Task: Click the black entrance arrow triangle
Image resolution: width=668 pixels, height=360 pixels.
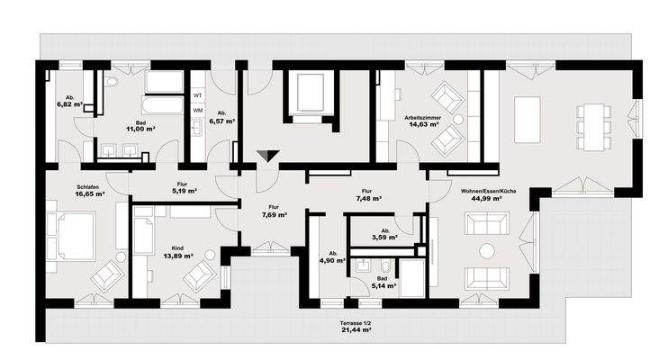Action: (x=268, y=155)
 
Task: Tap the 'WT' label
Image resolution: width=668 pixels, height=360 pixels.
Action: (x=198, y=95)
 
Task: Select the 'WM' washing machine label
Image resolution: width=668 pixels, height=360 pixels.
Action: (x=198, y=111)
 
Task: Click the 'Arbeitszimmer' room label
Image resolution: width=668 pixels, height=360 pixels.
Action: (x=422, y=118)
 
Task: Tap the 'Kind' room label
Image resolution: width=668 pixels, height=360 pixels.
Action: (x=177, y=248)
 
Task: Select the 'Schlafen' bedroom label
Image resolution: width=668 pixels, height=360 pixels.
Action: (x=87, y=187)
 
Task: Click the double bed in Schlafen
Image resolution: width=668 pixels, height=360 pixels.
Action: (x=70, y=236)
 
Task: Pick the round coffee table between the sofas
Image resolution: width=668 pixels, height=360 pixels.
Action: (x=487, y=251)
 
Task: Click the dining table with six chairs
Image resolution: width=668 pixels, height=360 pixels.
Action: (x=593, y=127)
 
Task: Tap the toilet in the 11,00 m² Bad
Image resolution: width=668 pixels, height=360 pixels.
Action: (x=112, y=81)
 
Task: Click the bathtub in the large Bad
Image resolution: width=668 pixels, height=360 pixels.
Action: (x=163, y=104)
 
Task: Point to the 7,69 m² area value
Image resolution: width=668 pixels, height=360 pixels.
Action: (x=275, y=215)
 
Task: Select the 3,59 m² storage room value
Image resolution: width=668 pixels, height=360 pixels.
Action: (x=385, y=238)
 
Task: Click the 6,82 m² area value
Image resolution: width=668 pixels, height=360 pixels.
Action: (x=69, y=104)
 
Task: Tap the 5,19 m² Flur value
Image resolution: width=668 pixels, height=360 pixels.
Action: (x=185, y=192)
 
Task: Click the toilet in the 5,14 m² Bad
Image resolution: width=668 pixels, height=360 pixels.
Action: (x=385, y=266)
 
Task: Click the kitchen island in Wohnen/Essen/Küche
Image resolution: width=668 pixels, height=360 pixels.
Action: (x=528, y=120)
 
